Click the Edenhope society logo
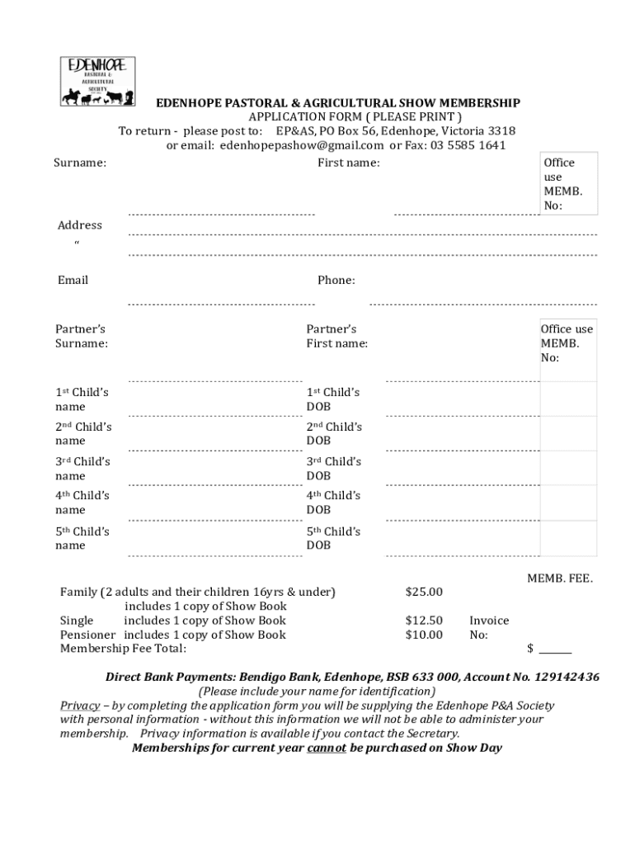97,81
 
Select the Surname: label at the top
80,163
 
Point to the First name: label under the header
349,163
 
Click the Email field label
73,280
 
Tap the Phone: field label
336,280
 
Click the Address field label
80,225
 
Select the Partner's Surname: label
82,336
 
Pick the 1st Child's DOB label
333,399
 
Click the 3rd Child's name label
82,469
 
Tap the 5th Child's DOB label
333,538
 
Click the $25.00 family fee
424,592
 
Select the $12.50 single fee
424,621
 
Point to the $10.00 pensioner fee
424,635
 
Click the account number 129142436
567,677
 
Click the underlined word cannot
327,748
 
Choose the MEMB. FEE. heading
560,579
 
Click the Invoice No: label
489,627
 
